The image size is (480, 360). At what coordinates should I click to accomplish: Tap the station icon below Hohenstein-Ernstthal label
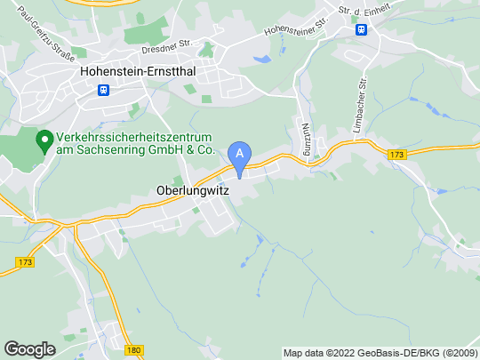tap(104, 90)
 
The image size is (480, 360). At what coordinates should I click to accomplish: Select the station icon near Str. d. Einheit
tap(362, 29)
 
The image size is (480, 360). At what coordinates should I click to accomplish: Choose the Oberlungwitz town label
tap(186, 189)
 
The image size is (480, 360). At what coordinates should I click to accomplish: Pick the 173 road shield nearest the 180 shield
tap(25, 264)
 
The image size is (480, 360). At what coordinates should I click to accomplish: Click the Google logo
tap(30, 348)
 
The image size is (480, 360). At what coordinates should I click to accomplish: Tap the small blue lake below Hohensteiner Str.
tap(262, 60)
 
